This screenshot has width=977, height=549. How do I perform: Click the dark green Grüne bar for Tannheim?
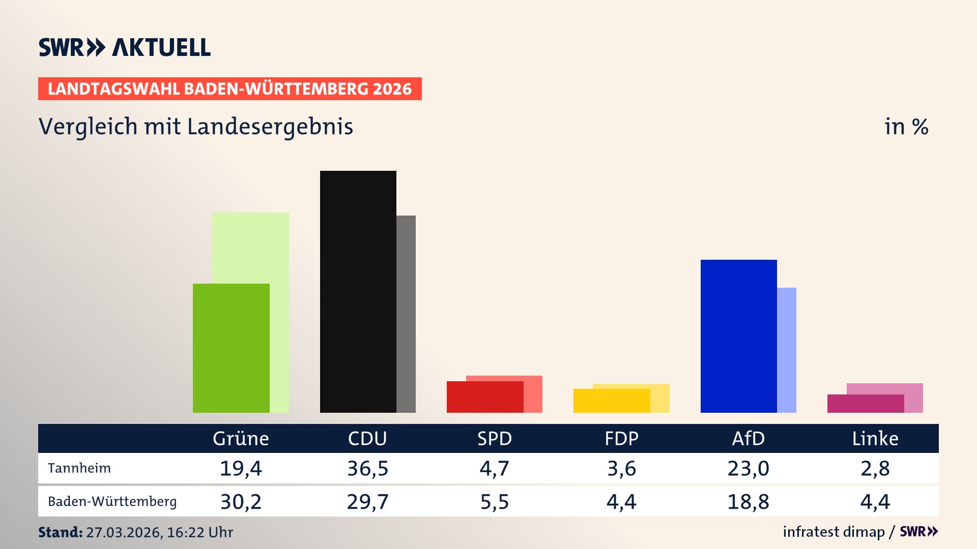(x=231, y=348)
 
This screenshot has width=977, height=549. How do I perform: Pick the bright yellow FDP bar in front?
(x=611, y=401)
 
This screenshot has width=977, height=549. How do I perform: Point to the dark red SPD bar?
(x=484, y=397)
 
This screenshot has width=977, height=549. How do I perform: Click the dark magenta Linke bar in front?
(x=865, y=404)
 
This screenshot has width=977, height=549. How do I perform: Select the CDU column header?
(x=367, y=438)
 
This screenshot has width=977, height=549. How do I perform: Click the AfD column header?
(x=748, y=438)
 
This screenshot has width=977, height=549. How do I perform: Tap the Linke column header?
(x=875, y=438)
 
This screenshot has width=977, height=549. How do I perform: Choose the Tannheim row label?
(x=79, y=468)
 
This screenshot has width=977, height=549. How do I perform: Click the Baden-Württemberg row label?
(x=112, y=502)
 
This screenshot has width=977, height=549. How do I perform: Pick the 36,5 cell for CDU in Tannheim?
(x=367, y=468)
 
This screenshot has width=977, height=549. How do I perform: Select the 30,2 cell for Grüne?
(x=241, y=502)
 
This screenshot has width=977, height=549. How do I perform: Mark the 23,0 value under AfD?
(x=748, y=468)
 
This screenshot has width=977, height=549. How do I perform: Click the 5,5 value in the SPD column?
(x=495, y=502)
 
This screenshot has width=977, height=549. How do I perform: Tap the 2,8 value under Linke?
(x=875, y=468)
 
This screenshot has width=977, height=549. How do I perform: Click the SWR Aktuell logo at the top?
(x=125, y=47)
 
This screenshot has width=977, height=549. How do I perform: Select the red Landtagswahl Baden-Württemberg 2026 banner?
(x=229, y=89)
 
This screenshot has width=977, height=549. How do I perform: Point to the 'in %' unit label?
(x=906, y=127)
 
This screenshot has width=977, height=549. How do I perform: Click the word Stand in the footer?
(x=60, y=532)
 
